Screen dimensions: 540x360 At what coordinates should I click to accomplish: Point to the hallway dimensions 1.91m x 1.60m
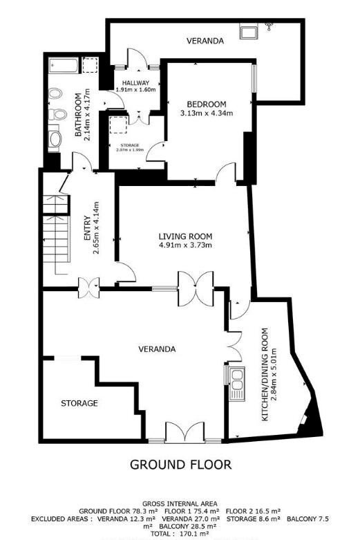135,90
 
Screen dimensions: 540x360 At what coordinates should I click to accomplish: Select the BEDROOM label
206,105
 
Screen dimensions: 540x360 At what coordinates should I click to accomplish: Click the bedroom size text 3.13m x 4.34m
206,113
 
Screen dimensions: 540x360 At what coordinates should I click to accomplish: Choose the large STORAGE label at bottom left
79,403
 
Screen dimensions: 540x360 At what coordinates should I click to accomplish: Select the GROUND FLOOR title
180,464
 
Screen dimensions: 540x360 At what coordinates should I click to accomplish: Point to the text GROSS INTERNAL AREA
180,503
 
